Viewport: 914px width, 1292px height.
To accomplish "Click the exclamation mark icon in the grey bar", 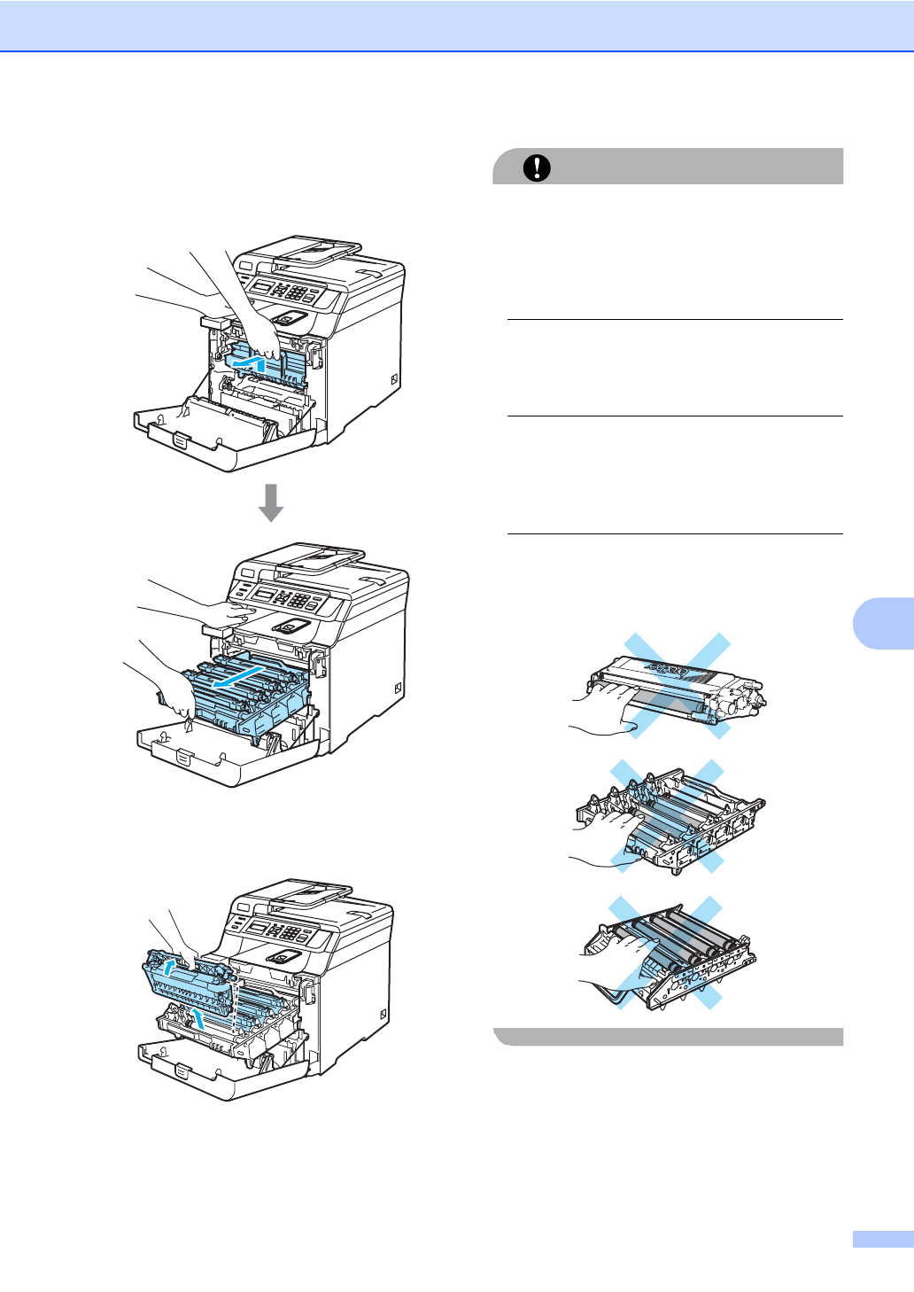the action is pos(537,167).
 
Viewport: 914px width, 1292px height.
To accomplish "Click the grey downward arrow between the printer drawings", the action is pos(271,502).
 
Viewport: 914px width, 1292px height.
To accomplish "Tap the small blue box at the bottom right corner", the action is pos(882,1239).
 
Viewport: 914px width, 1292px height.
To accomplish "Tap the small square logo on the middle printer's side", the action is pos(397,689).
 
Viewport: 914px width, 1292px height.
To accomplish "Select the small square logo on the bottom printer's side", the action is pos(382,1014).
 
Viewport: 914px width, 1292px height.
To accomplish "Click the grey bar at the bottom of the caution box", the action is pos(669,1037).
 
